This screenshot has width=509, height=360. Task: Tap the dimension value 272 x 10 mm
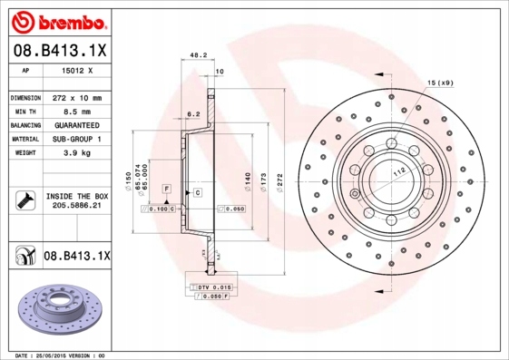tap(77, 97)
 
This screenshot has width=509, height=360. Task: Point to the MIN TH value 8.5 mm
tap(77, 111)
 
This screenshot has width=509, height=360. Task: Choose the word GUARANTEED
tap(77, 124)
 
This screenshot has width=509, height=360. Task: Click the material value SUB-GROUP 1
tap(77, 139)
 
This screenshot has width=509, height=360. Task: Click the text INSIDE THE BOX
tap(77, 196)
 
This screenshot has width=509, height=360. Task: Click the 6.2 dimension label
tap(192, 115)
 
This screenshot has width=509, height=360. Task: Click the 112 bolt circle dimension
tap(396, 172)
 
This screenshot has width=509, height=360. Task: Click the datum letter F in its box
tap(167, 187)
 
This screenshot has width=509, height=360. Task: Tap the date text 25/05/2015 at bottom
tap(58, 355)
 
